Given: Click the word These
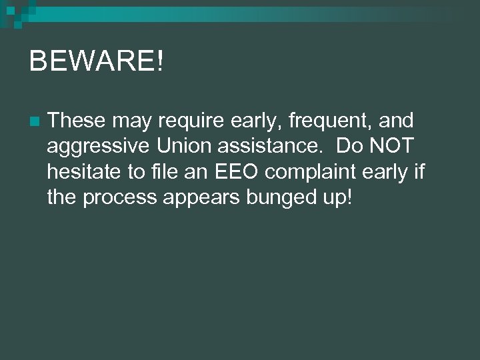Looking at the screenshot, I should pyautogui.click(x=76, y=121).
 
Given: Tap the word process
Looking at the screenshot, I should pyautogui.click(x=122, y=198).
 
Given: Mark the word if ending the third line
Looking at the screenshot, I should pyautogui.click(x=419, y=171).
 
